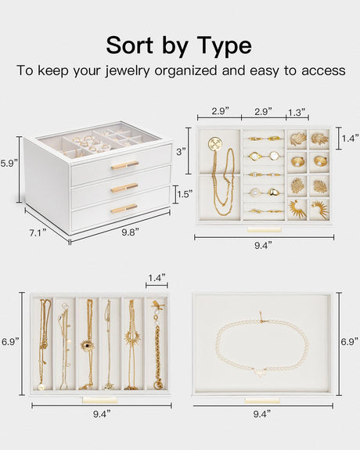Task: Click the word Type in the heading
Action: [x=224, y=46]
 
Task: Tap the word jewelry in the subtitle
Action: [x=128, y=70]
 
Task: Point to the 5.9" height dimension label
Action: [x=9, y=164]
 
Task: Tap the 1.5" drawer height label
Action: [x=185, y=194]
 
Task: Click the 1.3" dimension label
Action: [x=297, y=111]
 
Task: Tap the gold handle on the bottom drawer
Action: [x=124, y=208]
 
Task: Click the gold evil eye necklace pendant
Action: [x=86, y=344]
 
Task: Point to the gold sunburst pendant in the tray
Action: [x=131, y=337]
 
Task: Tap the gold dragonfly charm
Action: [x=157, y=306]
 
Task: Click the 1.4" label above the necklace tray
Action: [x=157, y=278]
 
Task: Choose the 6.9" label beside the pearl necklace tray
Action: [x=350, y=341]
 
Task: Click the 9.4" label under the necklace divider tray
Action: [x=102, y=414]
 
